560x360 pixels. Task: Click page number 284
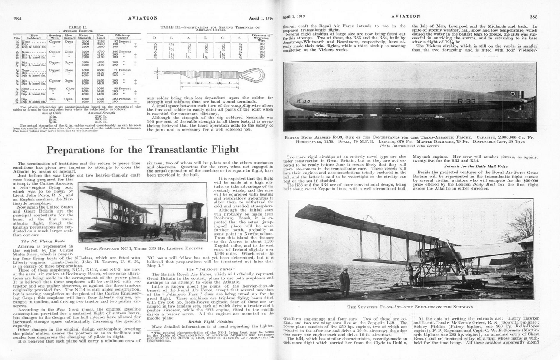click(x=18, y=18)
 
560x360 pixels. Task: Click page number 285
click(x=533, y=16)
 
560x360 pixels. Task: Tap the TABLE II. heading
click(x=79, y=27)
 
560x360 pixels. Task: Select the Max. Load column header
click(x=102, y=36)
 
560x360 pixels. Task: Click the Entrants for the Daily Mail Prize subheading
click(x=475, y=167)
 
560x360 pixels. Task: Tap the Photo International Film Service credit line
click(x=409, y=146)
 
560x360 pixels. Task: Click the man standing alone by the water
click(x=344, y=281)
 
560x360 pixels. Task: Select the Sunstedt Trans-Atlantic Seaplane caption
click(x=409, y=307)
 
